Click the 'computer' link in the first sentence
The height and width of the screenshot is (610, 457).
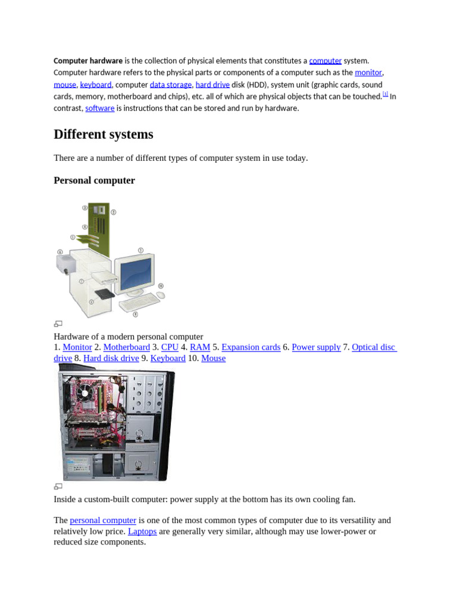[x=325, y=61]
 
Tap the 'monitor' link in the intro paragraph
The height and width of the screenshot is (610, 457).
[x=368, y=72]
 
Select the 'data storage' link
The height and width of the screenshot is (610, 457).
[x=171, y=85]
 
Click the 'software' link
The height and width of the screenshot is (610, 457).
[x=100, y=108]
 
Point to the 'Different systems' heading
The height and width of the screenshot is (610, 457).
[x=104, y=134]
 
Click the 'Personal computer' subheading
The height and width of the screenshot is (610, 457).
[x=95, y=180]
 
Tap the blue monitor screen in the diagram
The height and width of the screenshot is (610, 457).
[x=136, y=274]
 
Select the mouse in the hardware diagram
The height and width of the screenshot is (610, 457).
[x=161, y=295]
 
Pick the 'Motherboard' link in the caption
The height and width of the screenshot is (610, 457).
[x=127, y=347]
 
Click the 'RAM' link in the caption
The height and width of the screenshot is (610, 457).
[x=200, y=347]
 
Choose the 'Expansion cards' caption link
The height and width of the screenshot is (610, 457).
[x=251, y=347]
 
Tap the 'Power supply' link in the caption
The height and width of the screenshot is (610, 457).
[x=317, y=347]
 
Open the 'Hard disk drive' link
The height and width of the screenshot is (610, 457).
[x=111, y=358]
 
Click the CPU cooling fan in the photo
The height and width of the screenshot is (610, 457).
[x=84, y=392]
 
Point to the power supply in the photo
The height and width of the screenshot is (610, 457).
[x=79, y=466]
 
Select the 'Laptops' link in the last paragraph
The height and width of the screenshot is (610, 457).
[x=142, y=531]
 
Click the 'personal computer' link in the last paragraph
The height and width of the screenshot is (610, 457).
[x=103, y=520]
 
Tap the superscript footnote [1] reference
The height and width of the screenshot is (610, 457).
[x=386, y=94]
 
